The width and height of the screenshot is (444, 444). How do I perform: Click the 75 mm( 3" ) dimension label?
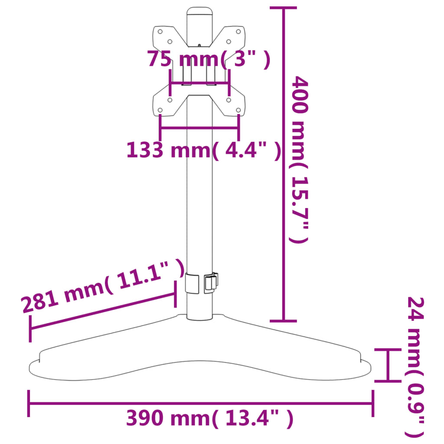[x=209, y=59]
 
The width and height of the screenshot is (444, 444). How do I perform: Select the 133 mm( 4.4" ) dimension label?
[x=203, y=150]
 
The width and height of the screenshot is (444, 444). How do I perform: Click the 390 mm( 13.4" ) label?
[x=210, y=418]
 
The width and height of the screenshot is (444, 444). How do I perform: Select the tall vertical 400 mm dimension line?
[x=284, y=173]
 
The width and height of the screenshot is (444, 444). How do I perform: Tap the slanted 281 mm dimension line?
[x=102, y=311]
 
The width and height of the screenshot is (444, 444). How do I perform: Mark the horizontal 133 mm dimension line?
[x=199, y=128]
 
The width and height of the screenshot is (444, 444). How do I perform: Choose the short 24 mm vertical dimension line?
[x=388, y=365]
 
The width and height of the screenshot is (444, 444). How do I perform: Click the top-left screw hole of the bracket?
[x=160, y=32]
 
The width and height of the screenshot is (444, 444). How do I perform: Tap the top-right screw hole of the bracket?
[x=238, y=32]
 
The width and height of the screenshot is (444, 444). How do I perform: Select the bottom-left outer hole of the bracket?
[x=160, y=110]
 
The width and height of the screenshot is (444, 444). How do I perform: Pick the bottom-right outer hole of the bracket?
[x=238, y=110]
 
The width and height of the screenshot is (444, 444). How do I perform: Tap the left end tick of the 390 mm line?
[x=29, y=403]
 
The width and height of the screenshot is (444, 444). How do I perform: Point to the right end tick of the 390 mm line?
[x=372, y=403]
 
